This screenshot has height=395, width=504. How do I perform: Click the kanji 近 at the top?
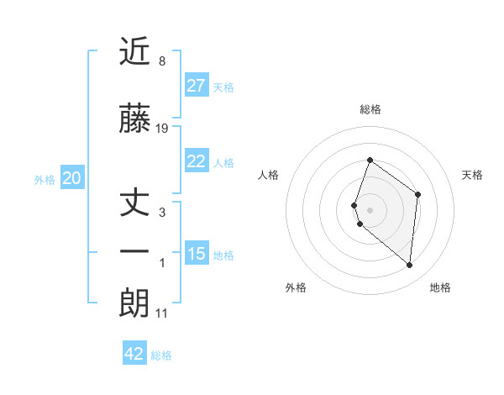coord(134,51)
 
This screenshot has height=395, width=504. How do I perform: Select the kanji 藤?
coord(134,119)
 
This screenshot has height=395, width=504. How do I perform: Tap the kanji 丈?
coord(134,203)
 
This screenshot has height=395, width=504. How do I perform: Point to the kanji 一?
coord(134,252)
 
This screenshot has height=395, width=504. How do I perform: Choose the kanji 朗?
coord(134,303)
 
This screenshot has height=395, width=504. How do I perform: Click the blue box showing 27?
coord(197,86)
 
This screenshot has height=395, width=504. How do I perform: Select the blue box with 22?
coord(197,161)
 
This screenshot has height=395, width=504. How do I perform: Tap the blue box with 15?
coord(197,254)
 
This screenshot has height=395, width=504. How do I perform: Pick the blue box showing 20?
coord(71,178)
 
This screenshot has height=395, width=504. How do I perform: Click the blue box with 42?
coord(134,354)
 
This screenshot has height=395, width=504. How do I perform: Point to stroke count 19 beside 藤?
coord(162,129)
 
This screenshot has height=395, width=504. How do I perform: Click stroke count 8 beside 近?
coord(161,61)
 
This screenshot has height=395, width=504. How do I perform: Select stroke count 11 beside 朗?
coord(161,313)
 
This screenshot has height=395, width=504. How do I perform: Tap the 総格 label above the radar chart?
coord(370,109)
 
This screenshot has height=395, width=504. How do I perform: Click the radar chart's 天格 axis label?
coord(472,175)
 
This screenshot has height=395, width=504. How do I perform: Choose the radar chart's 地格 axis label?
coord(440,287)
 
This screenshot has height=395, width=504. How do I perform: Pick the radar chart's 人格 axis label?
coord(269,175)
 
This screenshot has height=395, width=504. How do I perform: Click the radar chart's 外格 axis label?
coord(296,287)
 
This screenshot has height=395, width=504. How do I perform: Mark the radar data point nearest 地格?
coord(410,266)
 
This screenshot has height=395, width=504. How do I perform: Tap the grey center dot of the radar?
coord(370,208)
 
